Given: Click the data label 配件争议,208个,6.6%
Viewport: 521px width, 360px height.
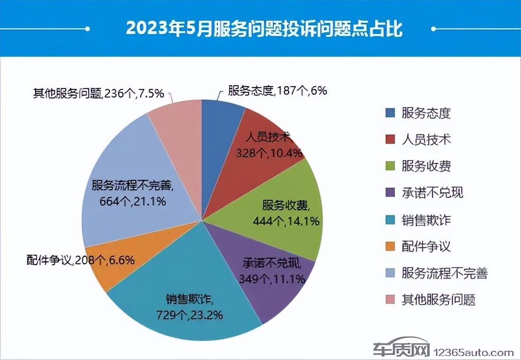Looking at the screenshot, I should point(81,260).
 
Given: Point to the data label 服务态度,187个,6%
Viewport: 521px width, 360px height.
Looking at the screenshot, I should point(277,90).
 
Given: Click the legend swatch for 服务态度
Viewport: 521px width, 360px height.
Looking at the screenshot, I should point(390,113).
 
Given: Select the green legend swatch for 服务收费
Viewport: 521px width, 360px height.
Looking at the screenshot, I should point(390,166).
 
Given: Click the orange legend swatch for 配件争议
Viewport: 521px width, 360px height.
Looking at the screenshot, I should point(390,246).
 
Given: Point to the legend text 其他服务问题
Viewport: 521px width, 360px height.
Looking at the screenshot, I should point(438,299).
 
